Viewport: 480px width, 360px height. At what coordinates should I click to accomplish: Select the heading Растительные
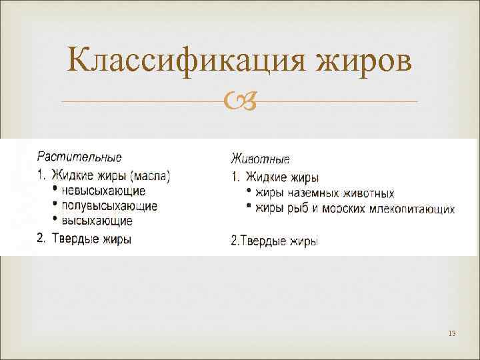[x=79, y=158]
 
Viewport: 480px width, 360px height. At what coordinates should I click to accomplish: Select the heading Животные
[x=260, y=159]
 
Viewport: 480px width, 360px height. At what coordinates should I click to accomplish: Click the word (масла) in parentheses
[x=150, y=177]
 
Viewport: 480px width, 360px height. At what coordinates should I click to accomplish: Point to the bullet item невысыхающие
[x=103, y=191]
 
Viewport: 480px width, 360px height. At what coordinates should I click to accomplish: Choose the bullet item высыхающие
[x=97, y=221]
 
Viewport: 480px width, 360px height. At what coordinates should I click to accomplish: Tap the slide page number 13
[x=452, y=333]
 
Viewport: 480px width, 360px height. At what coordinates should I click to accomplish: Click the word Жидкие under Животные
[x=266, y=177]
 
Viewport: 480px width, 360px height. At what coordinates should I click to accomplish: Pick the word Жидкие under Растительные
[x=72, y=177]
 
